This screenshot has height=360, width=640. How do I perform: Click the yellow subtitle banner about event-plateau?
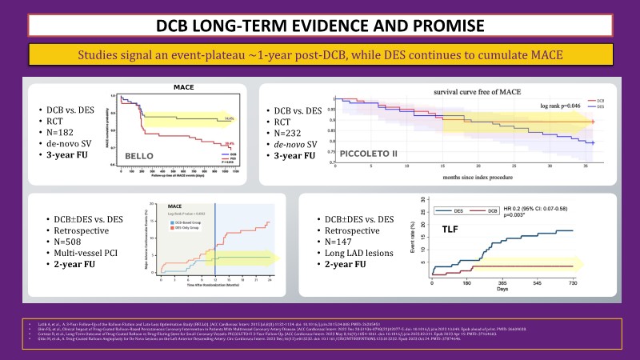[320, 55]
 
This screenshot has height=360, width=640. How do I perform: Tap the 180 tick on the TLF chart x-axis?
[465, 284]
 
